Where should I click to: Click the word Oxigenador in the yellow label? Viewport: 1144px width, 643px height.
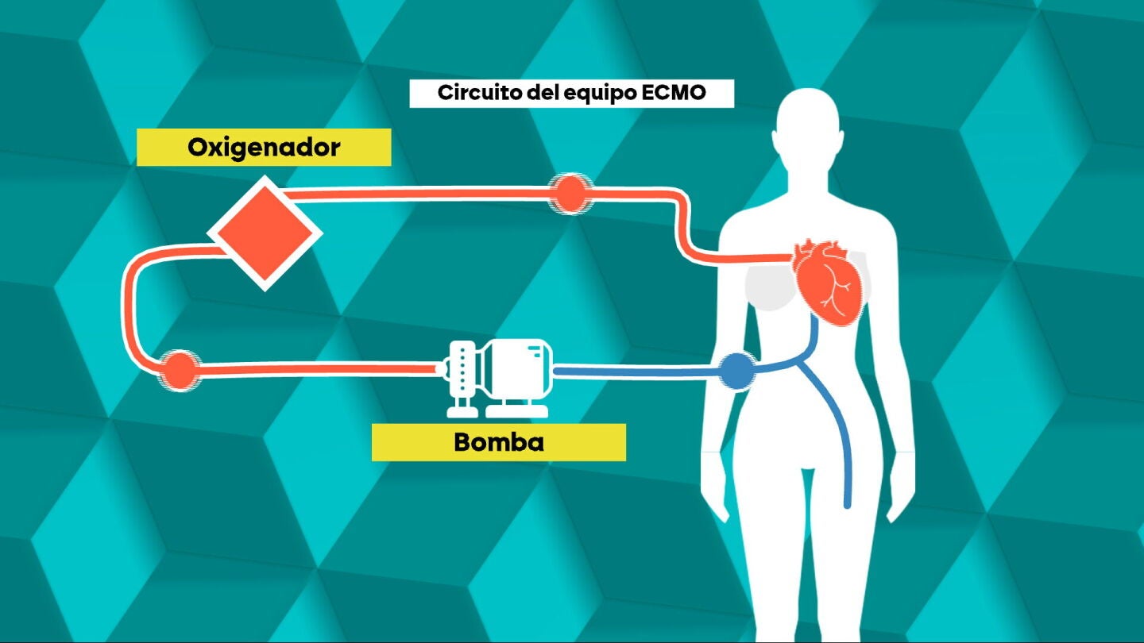pyautogui.click(x=264, y=148)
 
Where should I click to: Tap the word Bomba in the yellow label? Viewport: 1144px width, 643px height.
pyautogui.click(x=498, y=442)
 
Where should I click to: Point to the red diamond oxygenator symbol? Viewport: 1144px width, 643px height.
pyautogui.click(x=265, y=233)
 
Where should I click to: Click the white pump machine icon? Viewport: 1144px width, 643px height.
pyautogui.click(x=498, y=378)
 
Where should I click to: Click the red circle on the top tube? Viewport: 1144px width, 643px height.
pyautogui.click(x=570, y=194)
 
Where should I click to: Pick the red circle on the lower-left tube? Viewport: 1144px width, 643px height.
pyautogui.click(x=180, y=370)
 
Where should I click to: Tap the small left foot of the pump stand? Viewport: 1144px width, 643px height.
pyautogui.click(x=462, y=411)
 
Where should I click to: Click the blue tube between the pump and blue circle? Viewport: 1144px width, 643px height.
pyautogui.click(x=636, y=371)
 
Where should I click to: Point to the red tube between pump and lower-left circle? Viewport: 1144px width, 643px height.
pyautogui.click(x=317, y=368)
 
